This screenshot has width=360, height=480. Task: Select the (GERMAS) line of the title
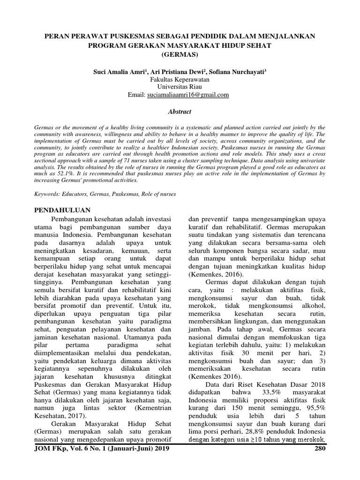coord(180,54)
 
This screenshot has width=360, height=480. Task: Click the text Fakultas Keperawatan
coord(180,80)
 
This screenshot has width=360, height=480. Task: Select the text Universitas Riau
coord(180,87)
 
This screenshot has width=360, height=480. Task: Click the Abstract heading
coord(180,112)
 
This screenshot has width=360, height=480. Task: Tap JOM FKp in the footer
coord(51,449)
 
